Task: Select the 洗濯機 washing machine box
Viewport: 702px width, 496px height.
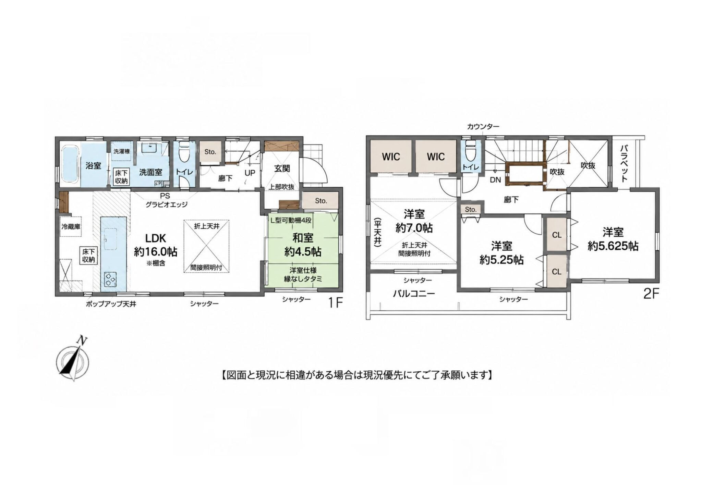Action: pyautogui.click(x=122, y=151)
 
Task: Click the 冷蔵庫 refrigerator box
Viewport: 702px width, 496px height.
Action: pyautogui.click(x=71, y=226)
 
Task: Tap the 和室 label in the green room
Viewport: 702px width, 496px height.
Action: pyautogui.click(x=303, y=238)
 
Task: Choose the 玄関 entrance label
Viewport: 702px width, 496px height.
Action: pyautogui.click(x=282, y=168)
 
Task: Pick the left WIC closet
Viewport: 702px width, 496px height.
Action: pyautogui.click(x=391, y=156)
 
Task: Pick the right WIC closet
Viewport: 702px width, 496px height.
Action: pyautogui.click(x=436, y=156)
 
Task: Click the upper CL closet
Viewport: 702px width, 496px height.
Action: pyautogui.click(x=556, y=235)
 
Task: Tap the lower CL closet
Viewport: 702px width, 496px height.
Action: pyautogui.click(x=556, y=271)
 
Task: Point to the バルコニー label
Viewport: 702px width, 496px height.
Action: pyautogui.click(x=414, y=294)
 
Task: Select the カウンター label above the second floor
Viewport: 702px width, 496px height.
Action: pyautogui.click(x=483, y=127)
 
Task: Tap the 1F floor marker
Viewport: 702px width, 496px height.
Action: pyautogui.click(x=335, y=303)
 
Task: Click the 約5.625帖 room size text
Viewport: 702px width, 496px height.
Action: pyautogui.click(x=613, y=246)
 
